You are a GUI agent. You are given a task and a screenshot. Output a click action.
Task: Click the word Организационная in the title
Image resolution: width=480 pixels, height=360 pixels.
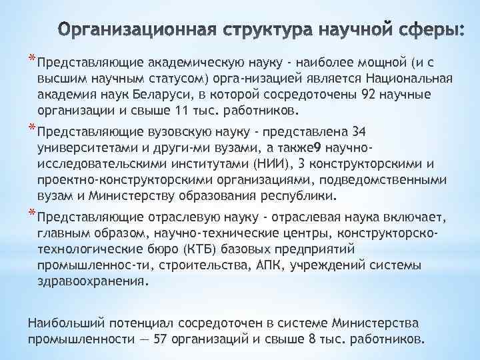pyautogui.click(x=130, y=31)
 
